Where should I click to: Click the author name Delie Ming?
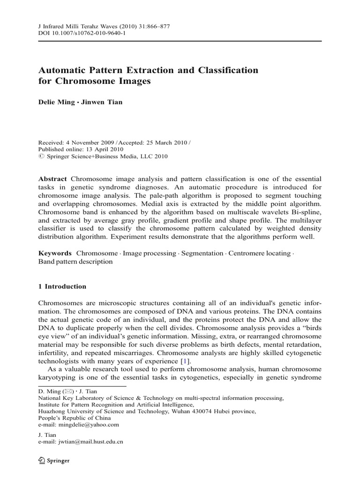(x=56, y=103)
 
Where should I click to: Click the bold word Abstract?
(x=53, y=179)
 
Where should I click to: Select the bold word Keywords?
(x=55, y=253)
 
